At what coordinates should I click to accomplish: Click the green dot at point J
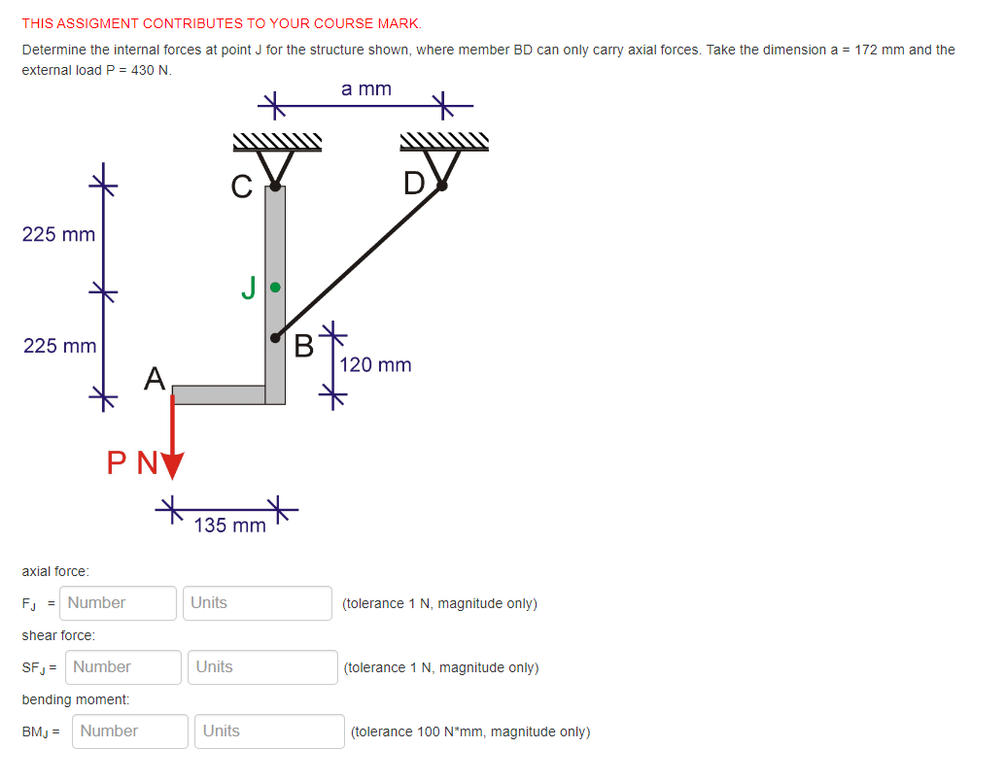(275, 288)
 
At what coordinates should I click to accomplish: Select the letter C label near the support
(242, 185)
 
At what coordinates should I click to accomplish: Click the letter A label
(154, 377)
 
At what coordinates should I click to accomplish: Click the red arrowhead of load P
(172, 465)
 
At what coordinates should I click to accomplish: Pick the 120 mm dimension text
(375, 365)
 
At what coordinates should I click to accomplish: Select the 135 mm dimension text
(229, 526)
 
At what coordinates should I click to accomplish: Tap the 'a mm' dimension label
(366, 89)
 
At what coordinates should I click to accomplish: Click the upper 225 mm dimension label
(58, 234)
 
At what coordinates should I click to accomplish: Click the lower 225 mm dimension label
(58, 346)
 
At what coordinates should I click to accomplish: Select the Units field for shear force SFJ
(262, 667)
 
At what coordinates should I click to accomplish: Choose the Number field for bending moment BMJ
(129, 731)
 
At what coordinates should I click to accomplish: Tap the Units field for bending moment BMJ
(270, 731)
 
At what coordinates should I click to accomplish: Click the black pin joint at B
(276, 338)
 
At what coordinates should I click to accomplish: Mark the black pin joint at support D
(442, 187)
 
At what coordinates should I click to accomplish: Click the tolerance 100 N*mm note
(469, 732)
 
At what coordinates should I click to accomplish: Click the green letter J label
(249, 288)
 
